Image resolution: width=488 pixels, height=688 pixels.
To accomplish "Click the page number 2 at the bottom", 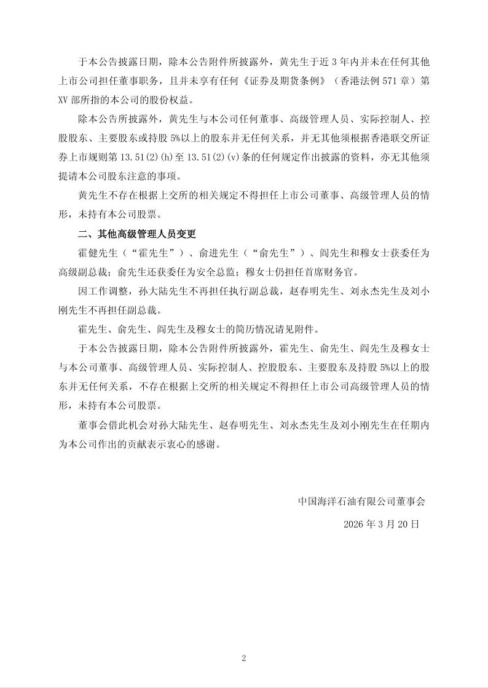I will click(244, 658).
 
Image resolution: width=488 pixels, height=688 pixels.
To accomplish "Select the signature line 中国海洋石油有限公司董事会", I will click(361, 501).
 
